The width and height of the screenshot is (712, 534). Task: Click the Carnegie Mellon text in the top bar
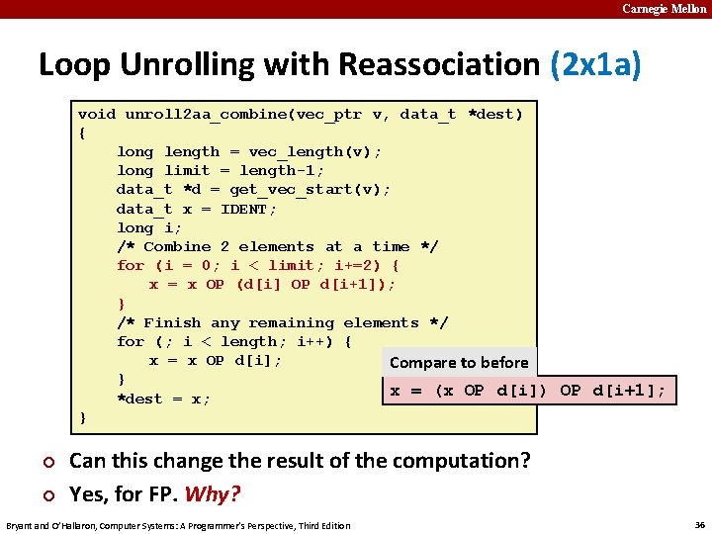[664, 9]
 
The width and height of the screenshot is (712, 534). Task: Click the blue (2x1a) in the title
[595, 65]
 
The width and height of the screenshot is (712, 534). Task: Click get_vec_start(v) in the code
[310, 189]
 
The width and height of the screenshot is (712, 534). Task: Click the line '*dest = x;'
[164, 399]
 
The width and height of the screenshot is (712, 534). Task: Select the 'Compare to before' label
[459, 363]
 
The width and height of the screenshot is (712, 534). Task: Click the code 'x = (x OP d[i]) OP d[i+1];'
[527, 391]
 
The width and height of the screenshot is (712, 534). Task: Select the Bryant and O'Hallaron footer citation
[178, 525]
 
